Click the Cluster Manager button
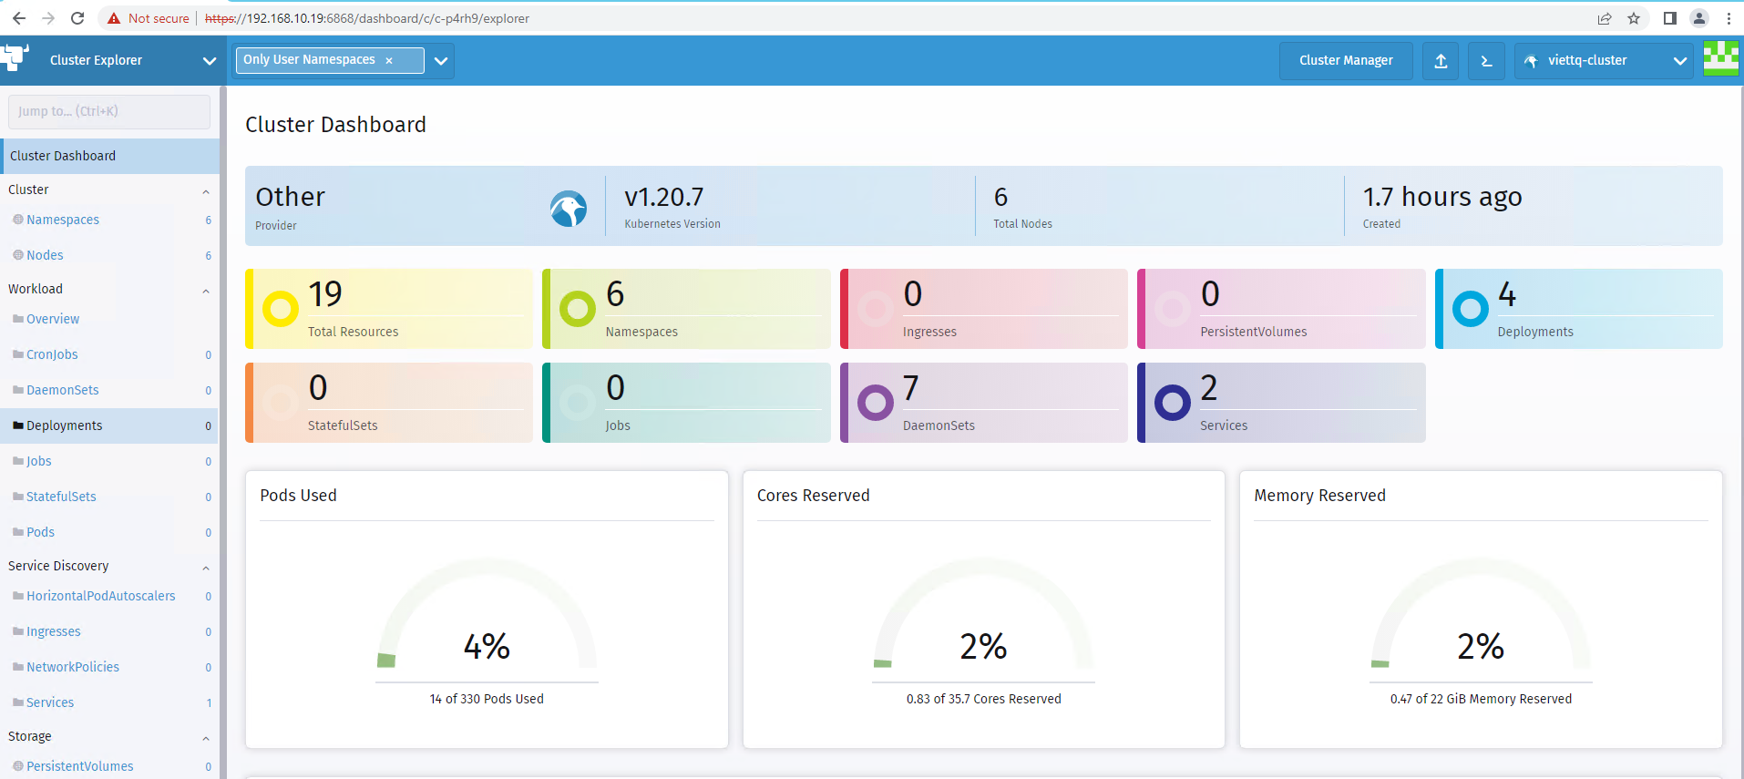pos(1346,61)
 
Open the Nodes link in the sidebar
pos(45,255)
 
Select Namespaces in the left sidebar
pos(63,220)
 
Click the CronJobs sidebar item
pos(52,354)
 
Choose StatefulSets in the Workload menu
pos(61,497)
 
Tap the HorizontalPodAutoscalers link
pos(100,596)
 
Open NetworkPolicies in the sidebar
pos(73,667)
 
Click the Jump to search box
pos(109,111)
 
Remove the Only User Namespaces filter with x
pos(389,60)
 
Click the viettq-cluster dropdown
pos(1604,61)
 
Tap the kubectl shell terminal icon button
pos(1486,61)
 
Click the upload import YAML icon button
pos(1441,61)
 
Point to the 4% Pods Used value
pos(487,647)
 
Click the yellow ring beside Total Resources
pos(281,309)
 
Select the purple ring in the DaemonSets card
pos(876,402)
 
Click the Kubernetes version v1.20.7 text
pos(664,197)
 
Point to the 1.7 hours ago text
pos(1442,197)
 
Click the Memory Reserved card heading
pos(1319,496)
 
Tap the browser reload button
pos(77,18)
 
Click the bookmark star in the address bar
pos(1634,18)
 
